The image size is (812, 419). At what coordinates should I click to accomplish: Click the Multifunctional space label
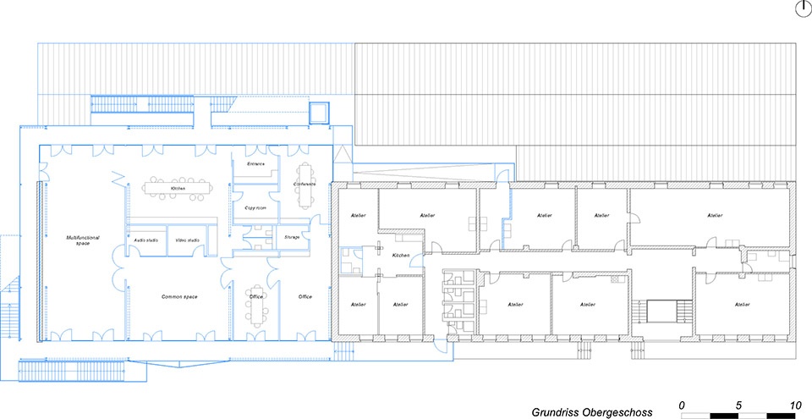pyautogui.click(x=83, y=240)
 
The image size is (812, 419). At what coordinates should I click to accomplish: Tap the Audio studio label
pyautogui.click(x=145, y=240)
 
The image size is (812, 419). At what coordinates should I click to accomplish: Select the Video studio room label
pyautogui.click(x=186, y=240)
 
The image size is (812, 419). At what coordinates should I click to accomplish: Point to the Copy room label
pyautogui.click(x=255, y=207)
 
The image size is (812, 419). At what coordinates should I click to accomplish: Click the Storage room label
pyautogui.click(x=292, y=237)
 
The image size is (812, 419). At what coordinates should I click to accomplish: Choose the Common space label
pyautogui.click(x=179, y=297)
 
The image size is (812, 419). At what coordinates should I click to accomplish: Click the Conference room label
pyautogui.click(x=304, y=184)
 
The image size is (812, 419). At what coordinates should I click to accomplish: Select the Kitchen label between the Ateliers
pyautogui.click(x=400, y=255)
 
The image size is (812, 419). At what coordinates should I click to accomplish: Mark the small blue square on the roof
pyautogui.click(x=319, y=113)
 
